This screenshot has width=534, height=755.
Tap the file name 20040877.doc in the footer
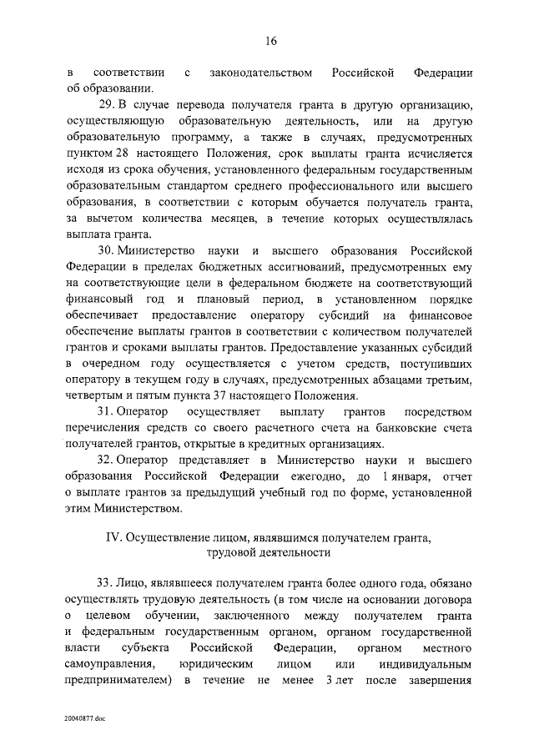point(83,717)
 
